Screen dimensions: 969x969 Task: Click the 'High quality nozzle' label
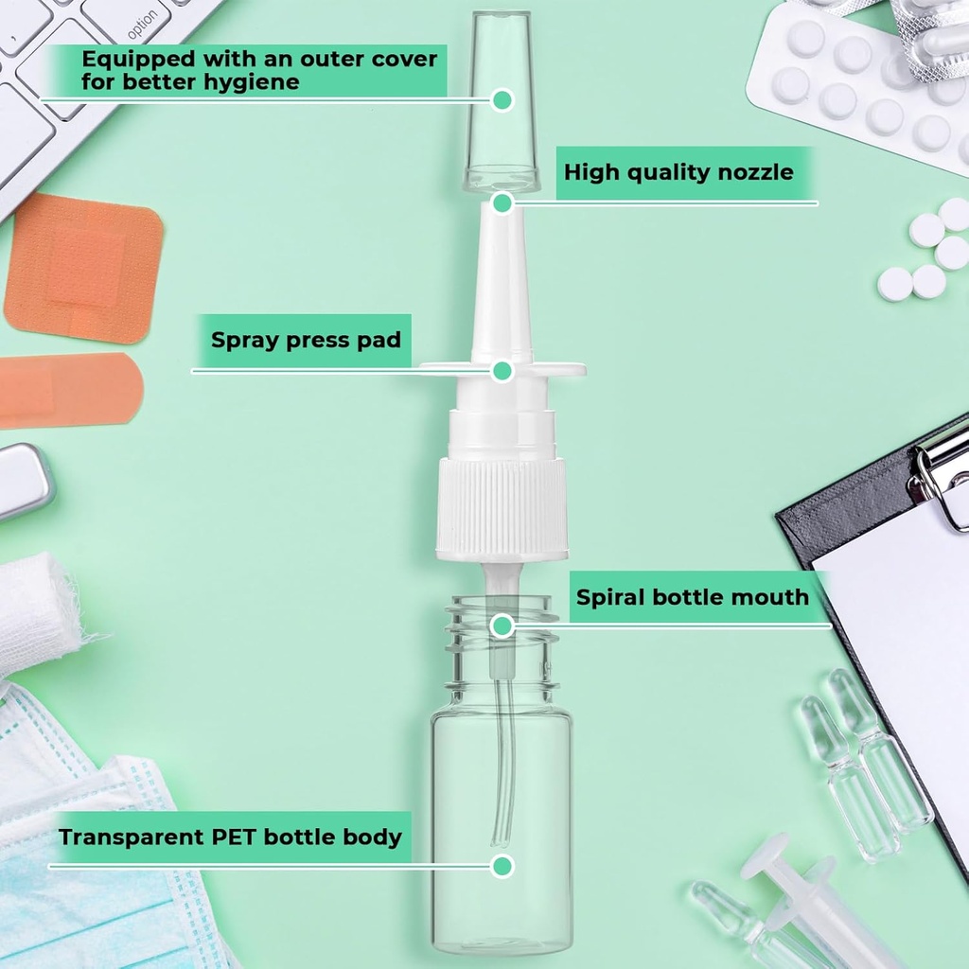click(x=678, y=172)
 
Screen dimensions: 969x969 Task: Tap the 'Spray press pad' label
click(x=305, y=340)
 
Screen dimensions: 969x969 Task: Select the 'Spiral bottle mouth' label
click(x=693, y=597)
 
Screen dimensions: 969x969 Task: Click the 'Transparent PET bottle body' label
click(x=230, y=837)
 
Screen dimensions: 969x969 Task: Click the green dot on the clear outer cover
click(x=502, y=99)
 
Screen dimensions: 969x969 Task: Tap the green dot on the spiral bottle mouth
click(x=502, y=625)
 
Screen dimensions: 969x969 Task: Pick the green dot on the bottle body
click(x=502, y=865)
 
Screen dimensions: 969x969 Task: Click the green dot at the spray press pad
click(x=502, y=370)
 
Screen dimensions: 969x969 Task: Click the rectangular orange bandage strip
click(x=66, y=389)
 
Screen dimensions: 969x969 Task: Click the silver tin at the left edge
click(x=23, y=480)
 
